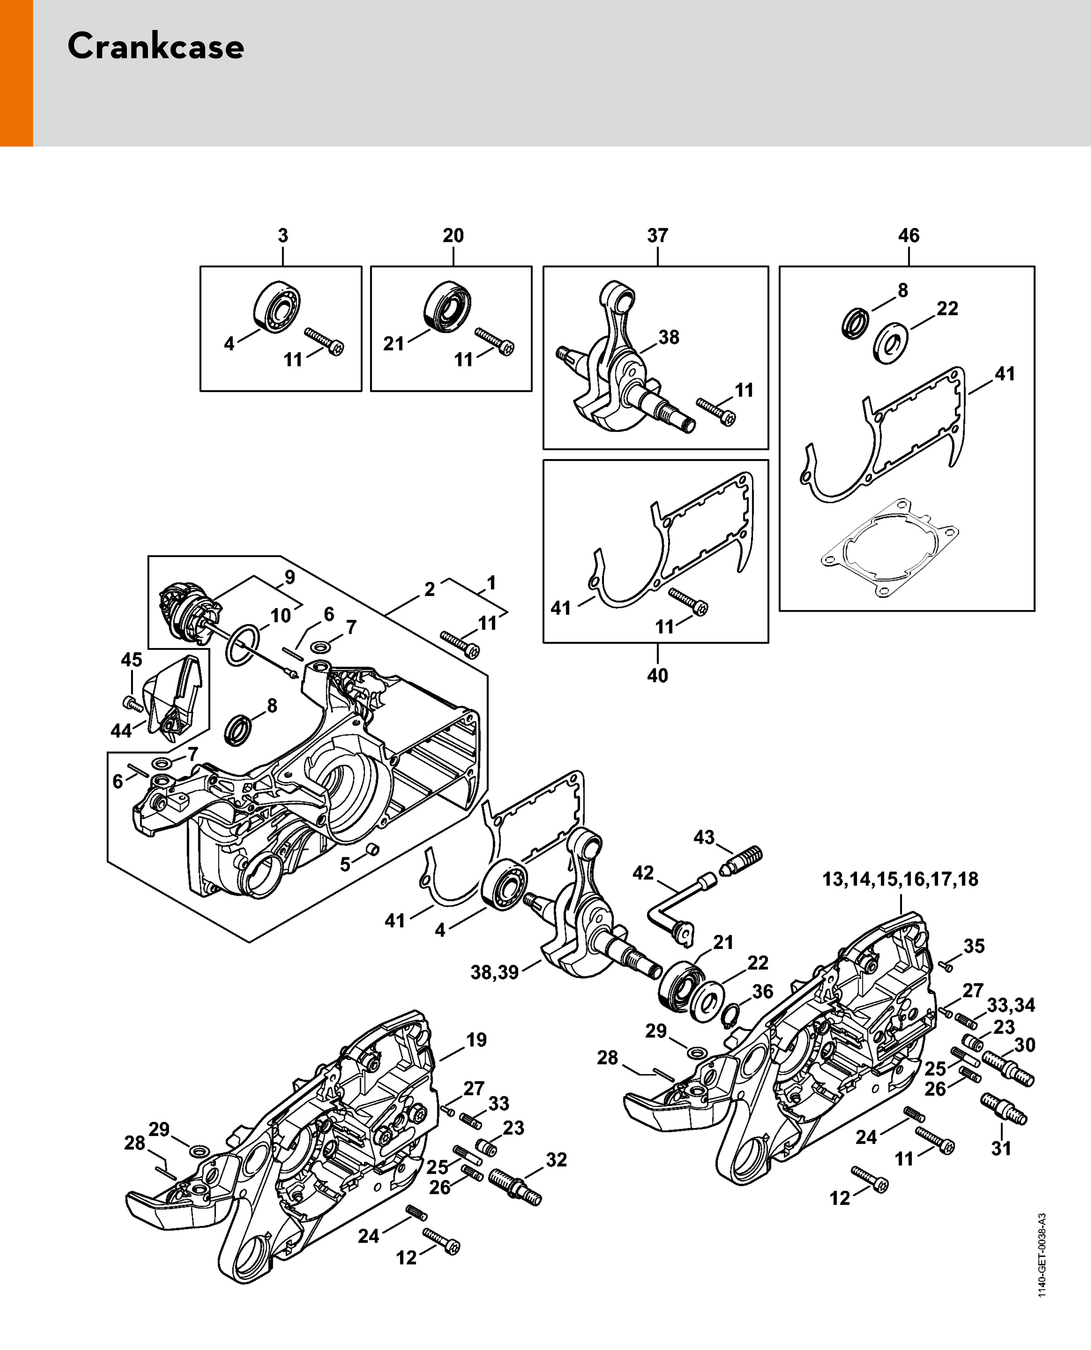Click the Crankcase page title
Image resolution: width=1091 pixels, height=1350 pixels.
pyautogui.click(x=155, y=46)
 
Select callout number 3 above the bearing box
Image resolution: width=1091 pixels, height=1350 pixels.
pyautogui.click(x=283, y=236)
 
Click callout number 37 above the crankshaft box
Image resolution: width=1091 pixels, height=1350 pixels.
pyautogui.click(x=657, y=236)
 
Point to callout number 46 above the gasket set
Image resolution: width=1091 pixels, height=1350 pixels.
pyautogui.click(x=909, y=236)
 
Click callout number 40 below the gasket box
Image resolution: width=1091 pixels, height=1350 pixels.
pyautogui.click(x=657, y=676)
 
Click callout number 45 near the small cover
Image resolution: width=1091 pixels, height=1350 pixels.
pyautogui.click(x=131, y=659)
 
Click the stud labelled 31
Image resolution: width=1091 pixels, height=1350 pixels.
pyautogui.click(x=1003, y=1110)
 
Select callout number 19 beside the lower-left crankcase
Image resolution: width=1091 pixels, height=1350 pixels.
pyautogui.click(x=476, y=1040)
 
